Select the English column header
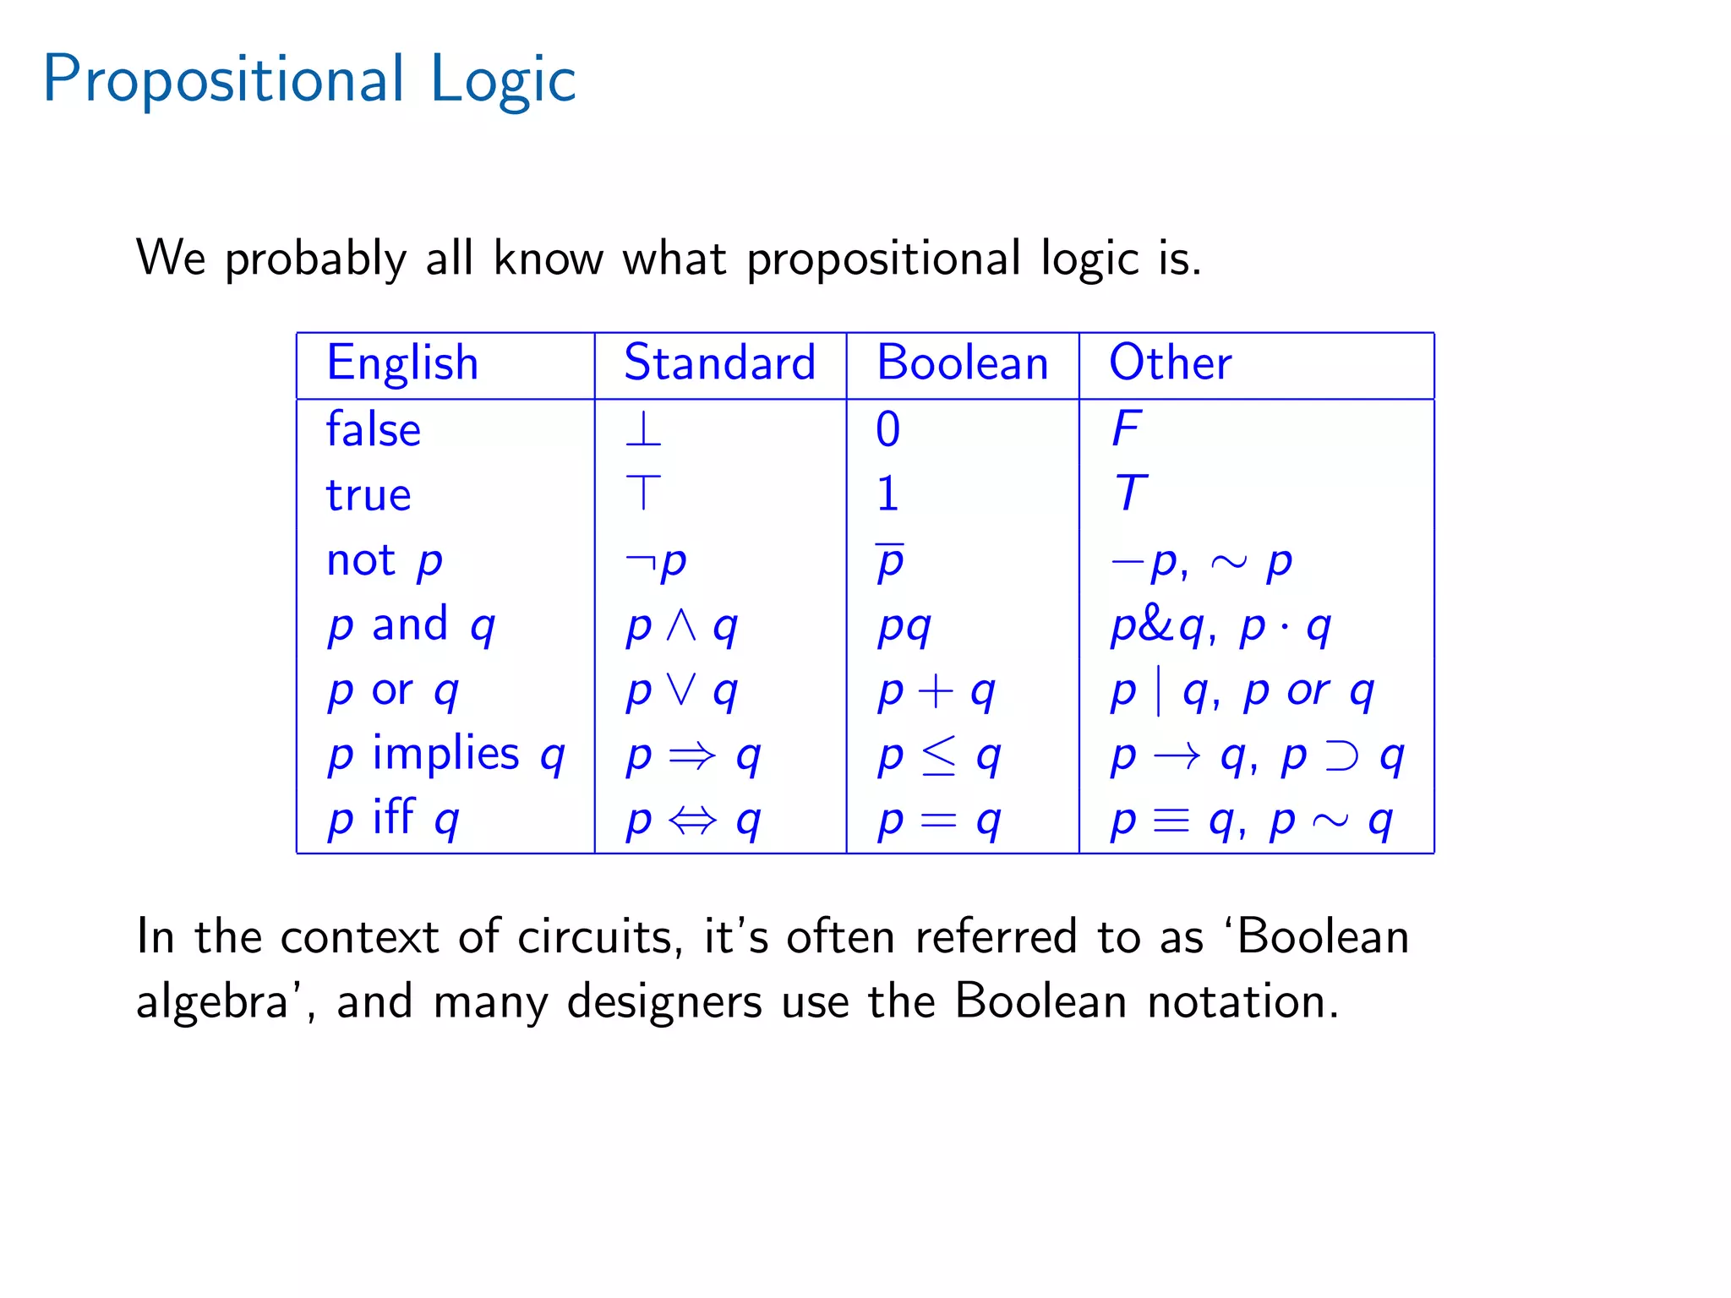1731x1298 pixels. tap(402, 363)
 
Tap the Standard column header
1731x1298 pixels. tap(719, 363)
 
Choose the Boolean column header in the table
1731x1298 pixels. tap(962, 363)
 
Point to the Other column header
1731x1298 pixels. tap(1170, 363)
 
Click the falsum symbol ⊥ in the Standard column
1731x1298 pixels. tap(643, 429)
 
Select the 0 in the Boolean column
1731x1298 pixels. tap(887, 429)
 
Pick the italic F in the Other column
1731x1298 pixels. tap(1127, 428)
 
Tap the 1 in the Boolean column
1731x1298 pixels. tap(887, 494)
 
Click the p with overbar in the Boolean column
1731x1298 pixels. tap(890, 561)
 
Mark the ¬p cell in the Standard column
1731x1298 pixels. tap(656, 561)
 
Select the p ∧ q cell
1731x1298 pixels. tap(681, 626)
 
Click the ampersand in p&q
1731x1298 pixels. tap(1159, 625)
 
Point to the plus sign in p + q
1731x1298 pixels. tap(936, 691)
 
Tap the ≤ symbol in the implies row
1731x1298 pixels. tap(939, 755)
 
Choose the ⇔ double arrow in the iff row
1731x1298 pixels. tap(692, 820)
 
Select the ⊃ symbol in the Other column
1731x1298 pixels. tap(1341, 755)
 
